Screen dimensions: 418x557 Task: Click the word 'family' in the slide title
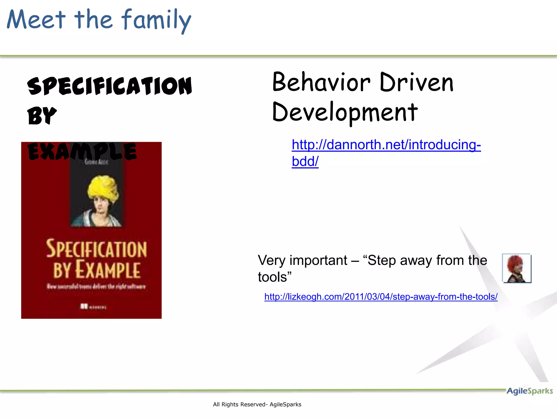pos(156,20)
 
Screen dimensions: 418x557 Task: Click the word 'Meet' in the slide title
pos(36,20)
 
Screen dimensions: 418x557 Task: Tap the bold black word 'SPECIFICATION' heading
pos(110,86)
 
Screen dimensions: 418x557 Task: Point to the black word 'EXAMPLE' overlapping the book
pos(82,151)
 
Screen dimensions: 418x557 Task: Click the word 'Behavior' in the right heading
pos(321,82)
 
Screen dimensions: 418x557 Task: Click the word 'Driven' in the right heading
pos(416,82)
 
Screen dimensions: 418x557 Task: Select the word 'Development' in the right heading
pos(345,112)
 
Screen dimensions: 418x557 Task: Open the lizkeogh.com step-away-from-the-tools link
pos(381,297)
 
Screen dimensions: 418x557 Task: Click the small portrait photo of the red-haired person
pos(516,268)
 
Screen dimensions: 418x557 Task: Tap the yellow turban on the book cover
pos(103,188)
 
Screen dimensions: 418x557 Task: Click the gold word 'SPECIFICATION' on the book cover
pos(96,249)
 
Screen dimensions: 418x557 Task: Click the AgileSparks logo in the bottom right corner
pos(529,391)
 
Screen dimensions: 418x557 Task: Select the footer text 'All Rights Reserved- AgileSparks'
pos(257,404)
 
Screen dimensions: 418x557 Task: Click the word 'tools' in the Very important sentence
pos(272,277)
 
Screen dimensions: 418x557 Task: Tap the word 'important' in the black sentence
pos(318,260)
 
